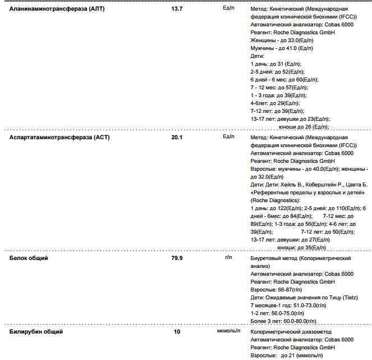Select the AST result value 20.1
(177, 137)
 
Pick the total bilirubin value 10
(177, 332)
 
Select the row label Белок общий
(29, 258)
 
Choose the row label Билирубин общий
(36, 332)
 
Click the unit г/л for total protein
(228, 257)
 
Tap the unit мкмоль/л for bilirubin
(228, 331)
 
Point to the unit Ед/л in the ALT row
(228, 9)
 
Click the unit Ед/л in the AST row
(228, 136)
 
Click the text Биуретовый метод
(274, 258)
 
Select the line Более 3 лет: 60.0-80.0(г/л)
(283, 321)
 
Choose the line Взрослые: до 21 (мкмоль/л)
(286, 356)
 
